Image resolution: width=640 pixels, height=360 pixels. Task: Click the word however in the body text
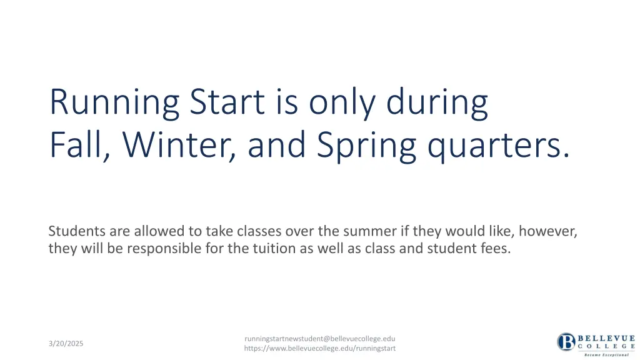(x=548, y=231)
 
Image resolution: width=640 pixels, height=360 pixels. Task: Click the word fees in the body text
(x=497, y=249)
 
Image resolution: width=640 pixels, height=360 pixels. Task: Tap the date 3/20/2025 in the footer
(x=66, y=344)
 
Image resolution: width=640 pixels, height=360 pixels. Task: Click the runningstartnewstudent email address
(x=319, y=339)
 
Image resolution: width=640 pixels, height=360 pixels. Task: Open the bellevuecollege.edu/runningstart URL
(x=319, y=348)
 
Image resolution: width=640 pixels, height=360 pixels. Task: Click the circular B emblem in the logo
(x=567, y=342)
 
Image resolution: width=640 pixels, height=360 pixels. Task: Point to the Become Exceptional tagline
(x=606, y=354)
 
